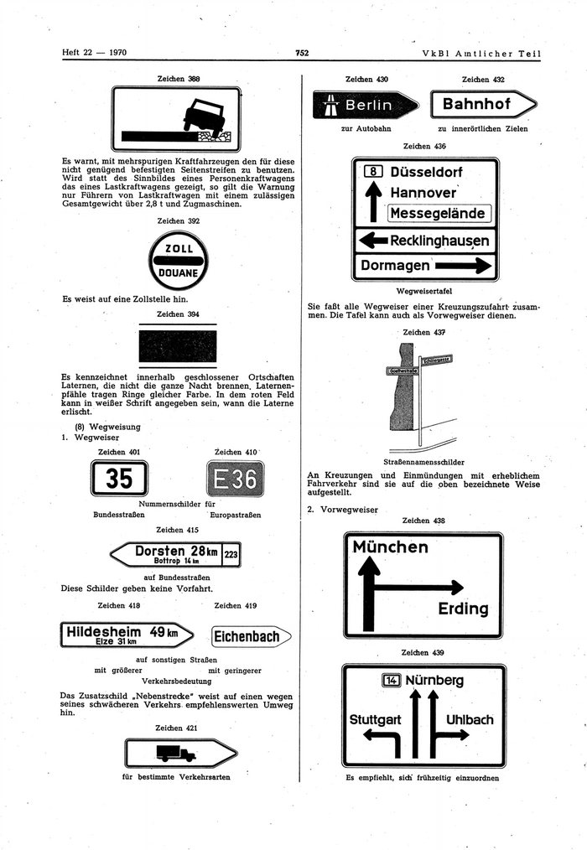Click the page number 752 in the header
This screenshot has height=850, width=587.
click(x=302, y=54)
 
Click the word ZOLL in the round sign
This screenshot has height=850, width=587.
click(x=178, y=249)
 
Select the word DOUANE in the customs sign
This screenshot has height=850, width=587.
click(x=178, y=273)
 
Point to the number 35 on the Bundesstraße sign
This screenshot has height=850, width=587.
click(x=119, y=478)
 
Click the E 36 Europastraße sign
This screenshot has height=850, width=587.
click(x=235, y=479)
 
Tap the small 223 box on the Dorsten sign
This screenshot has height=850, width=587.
click(x=231, y=553)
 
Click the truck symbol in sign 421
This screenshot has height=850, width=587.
click(x=176, y=754)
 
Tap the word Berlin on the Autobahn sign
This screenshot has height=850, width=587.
click(x=368, y=105)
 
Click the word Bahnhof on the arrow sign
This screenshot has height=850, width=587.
click(x=476, y=105)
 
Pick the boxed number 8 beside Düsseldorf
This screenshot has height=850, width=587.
click(x=374, y=172)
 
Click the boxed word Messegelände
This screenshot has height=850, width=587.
click(x=439, y=213)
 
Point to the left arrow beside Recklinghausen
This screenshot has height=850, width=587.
click(x=372, y=241)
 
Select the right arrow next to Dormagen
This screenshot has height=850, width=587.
click(x=462, y=266)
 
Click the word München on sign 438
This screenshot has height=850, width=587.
click(x=391, y=547)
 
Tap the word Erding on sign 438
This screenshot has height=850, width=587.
click(x=463, y=609)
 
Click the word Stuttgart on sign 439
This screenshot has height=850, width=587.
click(x=375, y=719)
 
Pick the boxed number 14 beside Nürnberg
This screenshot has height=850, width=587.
click(x=391, y=680)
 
